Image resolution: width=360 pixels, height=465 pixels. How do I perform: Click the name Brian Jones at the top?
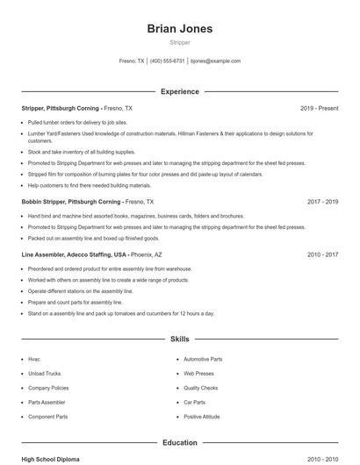pos(179,28)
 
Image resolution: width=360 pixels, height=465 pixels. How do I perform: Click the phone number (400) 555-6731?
pos(167,61)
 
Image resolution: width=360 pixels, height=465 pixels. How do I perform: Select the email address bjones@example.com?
pos(215,61)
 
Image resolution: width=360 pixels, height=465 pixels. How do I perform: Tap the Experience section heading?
pos(179,91)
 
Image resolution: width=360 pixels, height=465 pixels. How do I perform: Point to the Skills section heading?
pos(179,338)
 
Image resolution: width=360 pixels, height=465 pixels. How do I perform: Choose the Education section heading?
pos(179,443)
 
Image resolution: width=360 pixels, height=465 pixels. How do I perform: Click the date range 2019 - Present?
pos(319,108)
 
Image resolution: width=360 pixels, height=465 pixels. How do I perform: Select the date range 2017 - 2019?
pos(322,201)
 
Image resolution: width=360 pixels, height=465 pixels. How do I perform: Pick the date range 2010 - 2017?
pos(322,254)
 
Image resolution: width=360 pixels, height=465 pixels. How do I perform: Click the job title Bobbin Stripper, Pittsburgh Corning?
pos(71,201)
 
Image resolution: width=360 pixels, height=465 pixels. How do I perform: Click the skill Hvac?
pos(34,359)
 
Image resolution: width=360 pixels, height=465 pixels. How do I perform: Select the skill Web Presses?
pos(198,373)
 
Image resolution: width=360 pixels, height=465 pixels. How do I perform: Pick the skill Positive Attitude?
pos(202,416)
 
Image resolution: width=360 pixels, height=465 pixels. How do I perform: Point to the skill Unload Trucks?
pos(44,373)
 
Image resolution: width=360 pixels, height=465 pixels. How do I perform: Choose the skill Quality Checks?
pos(200,388)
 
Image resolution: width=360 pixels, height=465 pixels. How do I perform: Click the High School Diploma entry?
pos(51,459)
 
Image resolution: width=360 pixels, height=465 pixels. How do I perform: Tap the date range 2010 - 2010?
pos(322,459)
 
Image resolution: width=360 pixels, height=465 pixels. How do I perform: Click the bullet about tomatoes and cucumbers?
pos(120,313)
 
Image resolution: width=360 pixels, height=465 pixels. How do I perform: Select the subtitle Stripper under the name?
pos(179,42)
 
